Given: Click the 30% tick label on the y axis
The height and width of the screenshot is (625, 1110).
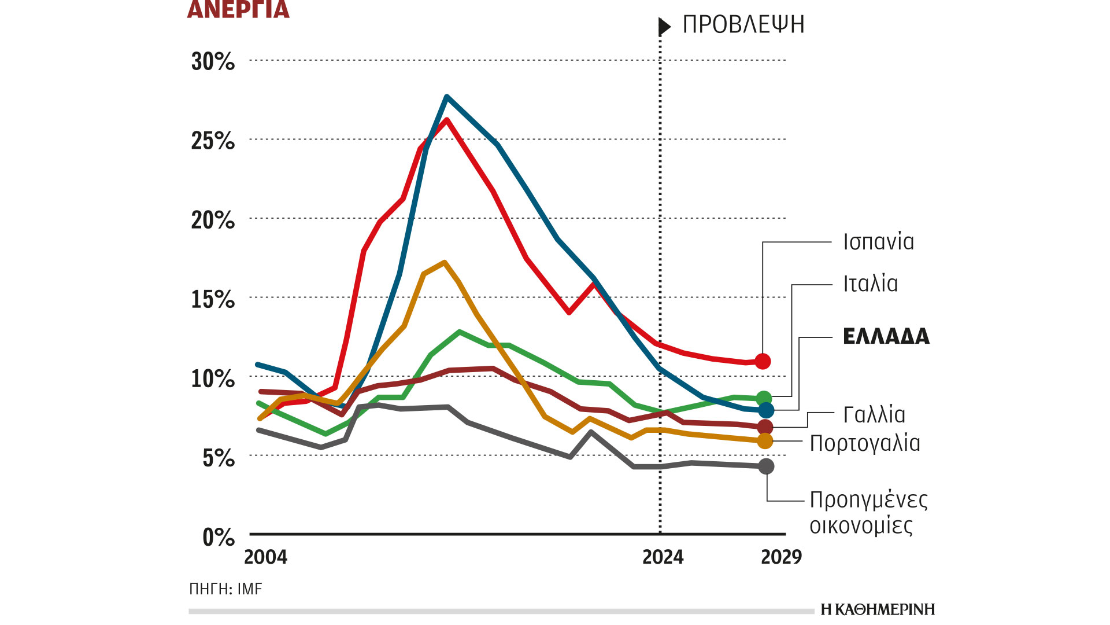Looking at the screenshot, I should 213,61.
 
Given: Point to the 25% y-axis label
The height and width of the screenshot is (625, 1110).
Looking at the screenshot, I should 213,141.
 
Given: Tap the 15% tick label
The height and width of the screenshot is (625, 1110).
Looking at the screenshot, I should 213,299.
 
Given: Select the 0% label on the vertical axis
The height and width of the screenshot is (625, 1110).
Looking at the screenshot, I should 219,537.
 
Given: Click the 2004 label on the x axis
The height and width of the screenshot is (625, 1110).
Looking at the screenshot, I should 265,557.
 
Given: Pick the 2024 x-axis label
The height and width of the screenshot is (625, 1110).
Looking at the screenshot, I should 663,557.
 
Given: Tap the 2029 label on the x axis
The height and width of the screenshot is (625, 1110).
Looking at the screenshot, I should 781,557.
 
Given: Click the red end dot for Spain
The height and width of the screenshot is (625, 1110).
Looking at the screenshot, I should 763,361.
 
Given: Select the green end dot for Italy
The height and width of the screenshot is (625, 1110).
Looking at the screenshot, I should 764,398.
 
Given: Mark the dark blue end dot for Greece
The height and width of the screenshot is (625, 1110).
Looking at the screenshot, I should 766,410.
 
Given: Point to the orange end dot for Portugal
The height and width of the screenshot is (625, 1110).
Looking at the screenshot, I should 765,441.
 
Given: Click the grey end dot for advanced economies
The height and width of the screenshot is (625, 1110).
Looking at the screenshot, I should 766,466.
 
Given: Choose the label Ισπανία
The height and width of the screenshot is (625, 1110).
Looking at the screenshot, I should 878,242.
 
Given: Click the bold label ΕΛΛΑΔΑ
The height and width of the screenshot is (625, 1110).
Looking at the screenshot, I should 886,336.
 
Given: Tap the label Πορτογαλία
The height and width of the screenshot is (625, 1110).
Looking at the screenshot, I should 864,443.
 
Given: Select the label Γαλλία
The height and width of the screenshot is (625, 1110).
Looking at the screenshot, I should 874,415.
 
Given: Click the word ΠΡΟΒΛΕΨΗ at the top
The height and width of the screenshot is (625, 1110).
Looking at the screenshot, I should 743,25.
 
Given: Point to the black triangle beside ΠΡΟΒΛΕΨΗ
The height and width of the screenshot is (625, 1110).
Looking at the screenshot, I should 664,26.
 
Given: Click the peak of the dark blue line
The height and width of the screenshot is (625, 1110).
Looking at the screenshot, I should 447,97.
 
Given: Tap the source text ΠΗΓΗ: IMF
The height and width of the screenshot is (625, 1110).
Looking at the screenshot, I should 225,589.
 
